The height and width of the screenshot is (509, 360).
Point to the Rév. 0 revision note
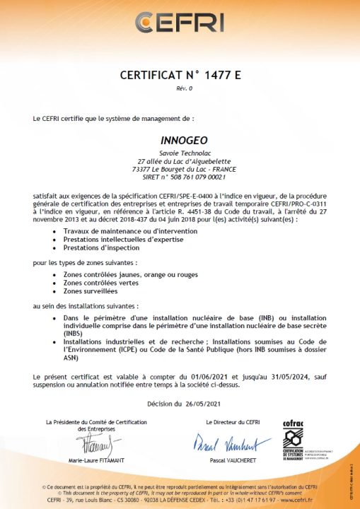(180, 88)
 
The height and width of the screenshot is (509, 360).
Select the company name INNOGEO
(180, 140)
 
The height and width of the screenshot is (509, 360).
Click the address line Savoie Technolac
(180, 153)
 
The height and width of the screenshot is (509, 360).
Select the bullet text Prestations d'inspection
(101, 247)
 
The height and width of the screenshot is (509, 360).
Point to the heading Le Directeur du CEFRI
(231, 422)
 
